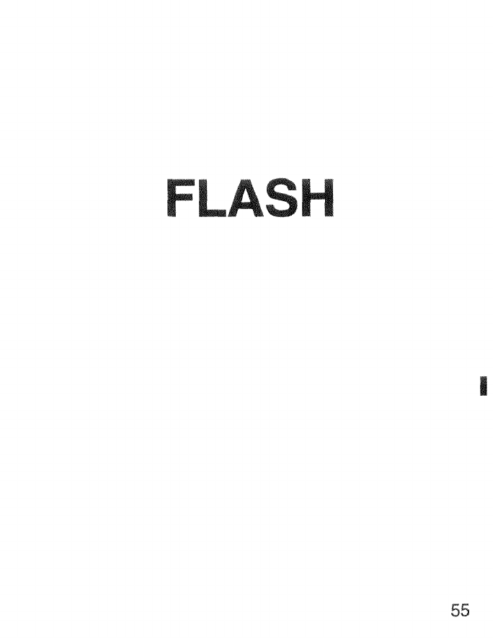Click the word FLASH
click(249, 195)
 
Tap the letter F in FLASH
click(179, 195)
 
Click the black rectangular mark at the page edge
click(484, 385)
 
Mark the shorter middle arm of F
click(180, 194)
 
